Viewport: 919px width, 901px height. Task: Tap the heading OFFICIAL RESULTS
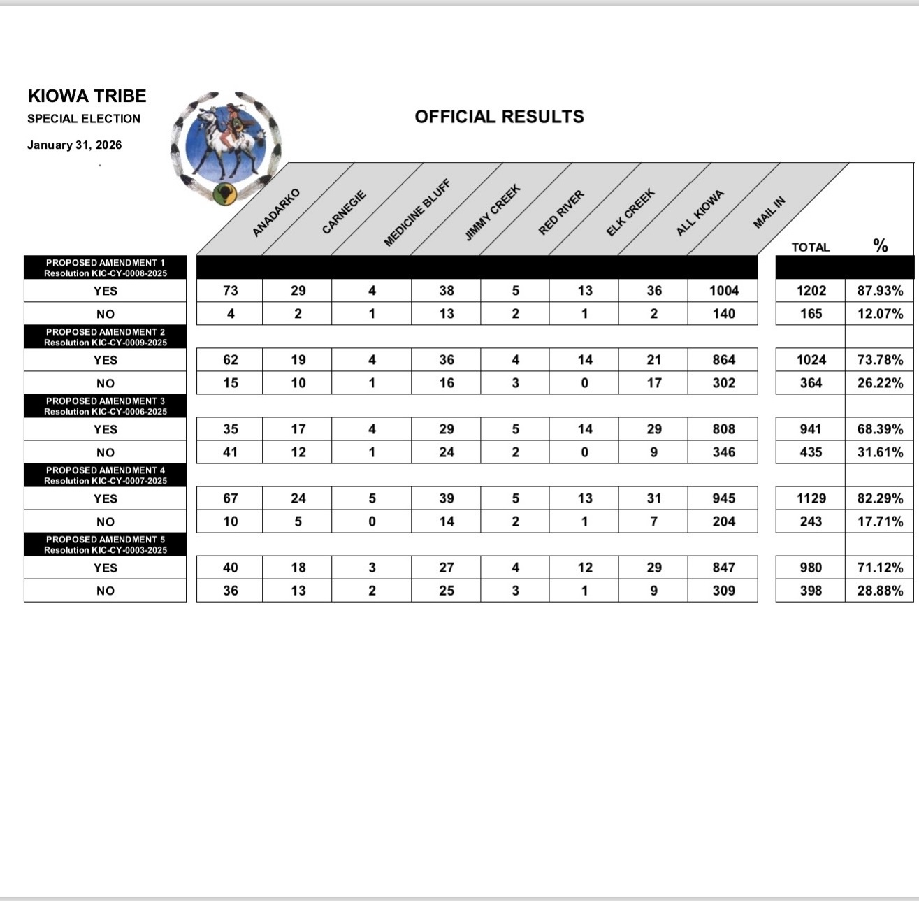tap(499, 117)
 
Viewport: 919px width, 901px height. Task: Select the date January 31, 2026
tap(74, 145)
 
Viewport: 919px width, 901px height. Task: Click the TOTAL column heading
tap(810, 247)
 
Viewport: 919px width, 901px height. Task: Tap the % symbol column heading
tap(880, 245)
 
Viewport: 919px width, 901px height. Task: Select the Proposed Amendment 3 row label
tap(106, 406)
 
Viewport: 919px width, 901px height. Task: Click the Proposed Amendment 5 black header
tap(106, 545)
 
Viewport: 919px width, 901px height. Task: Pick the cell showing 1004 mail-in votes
tap(723, 291)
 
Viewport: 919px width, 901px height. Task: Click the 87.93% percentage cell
tap(880, 291)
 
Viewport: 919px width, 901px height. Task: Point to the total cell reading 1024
tap(811, 360)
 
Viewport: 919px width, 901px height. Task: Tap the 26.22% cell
tap(880, 383)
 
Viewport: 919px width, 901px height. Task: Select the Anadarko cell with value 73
tap(230, 291)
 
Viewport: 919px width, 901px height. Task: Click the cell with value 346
tap(723, 452)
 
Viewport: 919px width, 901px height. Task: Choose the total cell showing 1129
tap(811, 498)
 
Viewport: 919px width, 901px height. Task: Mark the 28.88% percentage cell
tap(880, 591)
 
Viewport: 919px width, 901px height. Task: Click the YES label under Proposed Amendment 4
tap(106, 498)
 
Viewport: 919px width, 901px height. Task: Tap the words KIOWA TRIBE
tap(87, 96)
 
